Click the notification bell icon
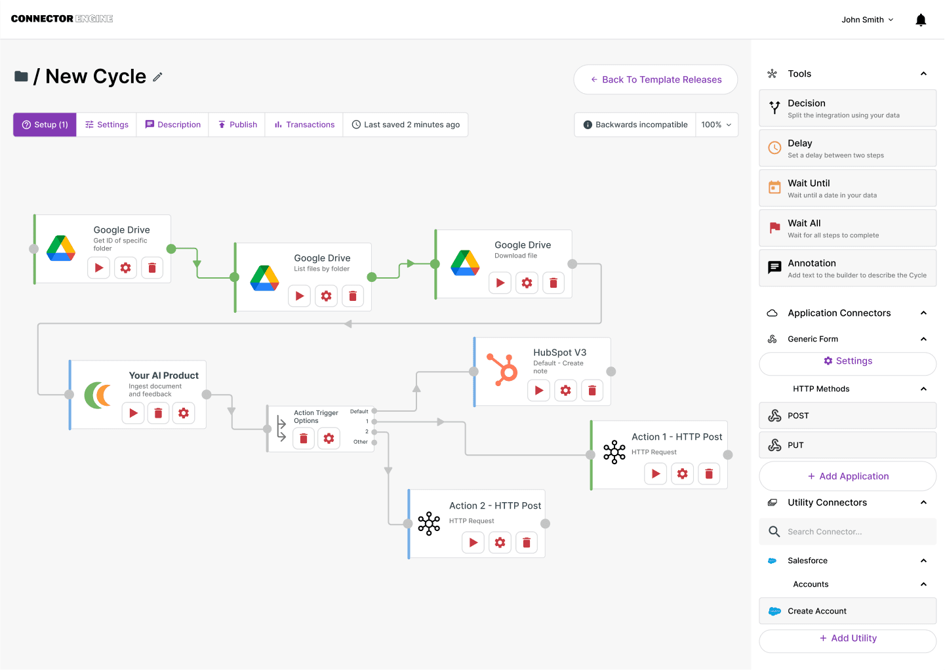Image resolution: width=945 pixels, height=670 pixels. (921, 20)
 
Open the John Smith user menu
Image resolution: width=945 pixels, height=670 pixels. (867, 20)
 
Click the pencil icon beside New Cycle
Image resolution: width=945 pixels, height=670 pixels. (157, 77)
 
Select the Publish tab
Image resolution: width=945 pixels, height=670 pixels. (237, 125)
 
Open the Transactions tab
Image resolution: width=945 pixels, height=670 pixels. (304, 125)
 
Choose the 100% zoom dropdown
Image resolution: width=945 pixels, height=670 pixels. (716, 125)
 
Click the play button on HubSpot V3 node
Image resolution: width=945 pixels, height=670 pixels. (539, 391)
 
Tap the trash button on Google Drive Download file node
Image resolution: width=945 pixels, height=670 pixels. (553, 283)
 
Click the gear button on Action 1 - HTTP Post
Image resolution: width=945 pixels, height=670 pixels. (683, 474)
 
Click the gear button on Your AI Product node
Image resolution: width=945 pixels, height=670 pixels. (184, 413)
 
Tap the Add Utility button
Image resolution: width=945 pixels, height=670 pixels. (847, 639)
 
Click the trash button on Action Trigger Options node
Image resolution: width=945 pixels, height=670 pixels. (304, 439)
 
